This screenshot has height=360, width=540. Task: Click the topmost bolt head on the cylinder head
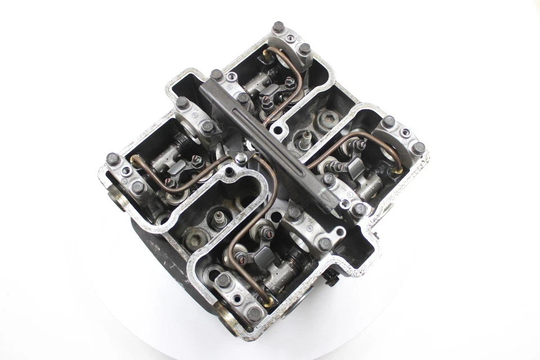click(x=278, y=27)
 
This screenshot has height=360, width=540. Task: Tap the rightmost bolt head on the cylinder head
click(x=418, y=148)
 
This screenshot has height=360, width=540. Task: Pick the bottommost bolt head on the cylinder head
click(x=255, y=314)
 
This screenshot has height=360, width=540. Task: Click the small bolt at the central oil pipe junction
click(x=241, y=159)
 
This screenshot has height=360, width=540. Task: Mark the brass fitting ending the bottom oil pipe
click(x=268, y=302)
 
